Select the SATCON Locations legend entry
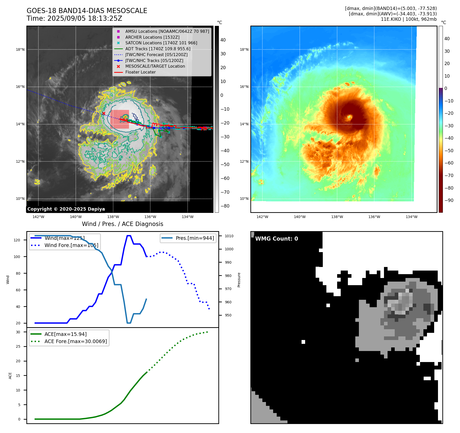click(161, 43)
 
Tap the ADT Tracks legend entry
click(158, 49)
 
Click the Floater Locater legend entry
click(140, 72)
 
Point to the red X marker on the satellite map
click(104, 114)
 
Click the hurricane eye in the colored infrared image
click(349, 117)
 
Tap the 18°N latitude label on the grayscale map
click(20, 50)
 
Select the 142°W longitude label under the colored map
click(262, 217)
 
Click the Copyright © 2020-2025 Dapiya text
click(66, 209)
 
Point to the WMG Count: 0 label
click(276, 239)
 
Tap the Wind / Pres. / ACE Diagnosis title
click(122, 224)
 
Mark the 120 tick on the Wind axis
click(17, 240)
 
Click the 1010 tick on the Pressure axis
click(229, 236)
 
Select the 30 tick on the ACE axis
click(18, 332)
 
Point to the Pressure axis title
click(239, 280)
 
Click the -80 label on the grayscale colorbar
click(225, 206)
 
